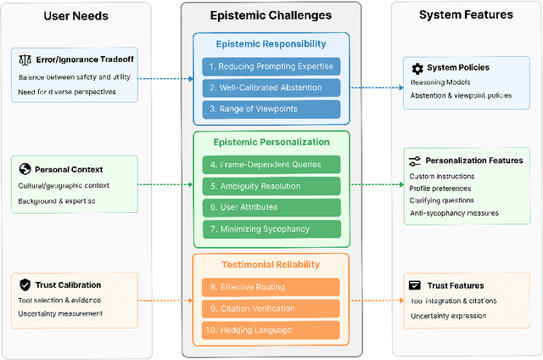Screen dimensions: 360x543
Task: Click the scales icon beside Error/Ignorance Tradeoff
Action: (25, 59)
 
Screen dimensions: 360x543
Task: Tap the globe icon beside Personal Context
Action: (25, 169)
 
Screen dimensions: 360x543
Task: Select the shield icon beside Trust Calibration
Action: (25, 284)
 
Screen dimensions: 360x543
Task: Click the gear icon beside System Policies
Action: (417, 68)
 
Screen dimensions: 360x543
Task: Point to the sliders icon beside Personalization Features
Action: (415, 160)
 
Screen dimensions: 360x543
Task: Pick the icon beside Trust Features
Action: (415, 285)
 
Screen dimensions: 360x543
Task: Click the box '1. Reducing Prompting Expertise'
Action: (271, 66)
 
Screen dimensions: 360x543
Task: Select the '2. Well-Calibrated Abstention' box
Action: (271, 87)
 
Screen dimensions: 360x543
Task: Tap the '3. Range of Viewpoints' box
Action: (271, 109)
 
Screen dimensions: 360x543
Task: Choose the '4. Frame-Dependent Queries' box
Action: (271, 165)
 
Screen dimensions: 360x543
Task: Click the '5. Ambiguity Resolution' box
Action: (271, 186)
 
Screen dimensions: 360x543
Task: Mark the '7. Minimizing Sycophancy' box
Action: (271, 228)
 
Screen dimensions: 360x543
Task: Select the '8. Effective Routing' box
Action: (271, 287)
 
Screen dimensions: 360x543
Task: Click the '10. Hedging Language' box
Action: (271, 329)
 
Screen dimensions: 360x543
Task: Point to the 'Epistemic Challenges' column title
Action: (271, 15)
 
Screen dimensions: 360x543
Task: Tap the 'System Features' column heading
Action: (465, 14)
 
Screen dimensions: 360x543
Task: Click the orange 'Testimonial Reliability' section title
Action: (271, 265)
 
